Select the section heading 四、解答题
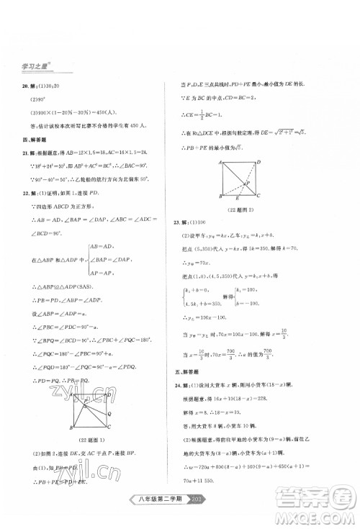(x=36, y=142)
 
